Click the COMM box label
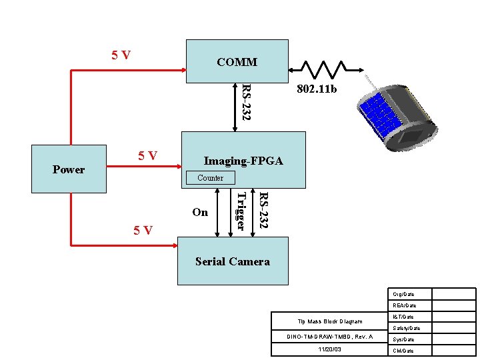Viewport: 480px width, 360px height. (x=237, y=63)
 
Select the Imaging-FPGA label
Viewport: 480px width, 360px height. (x=243, y=161)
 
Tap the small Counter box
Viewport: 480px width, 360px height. (x=210, y=178)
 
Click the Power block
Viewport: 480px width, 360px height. (x=69, y=169)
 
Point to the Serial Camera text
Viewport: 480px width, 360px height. (x=232, y=261)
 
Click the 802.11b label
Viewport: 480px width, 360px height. (x=317, y=88)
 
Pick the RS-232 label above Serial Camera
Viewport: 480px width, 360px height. (x=263, y=211)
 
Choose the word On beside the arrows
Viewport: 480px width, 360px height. (x=200, y=213)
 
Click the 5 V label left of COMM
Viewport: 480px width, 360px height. (x=121, y=55)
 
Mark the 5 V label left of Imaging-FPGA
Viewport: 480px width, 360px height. (x=147, y=156)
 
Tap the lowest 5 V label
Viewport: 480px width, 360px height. (x=143, y=230)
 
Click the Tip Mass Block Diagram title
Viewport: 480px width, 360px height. (x=330, y=322)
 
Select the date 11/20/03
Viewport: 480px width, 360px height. (x=330, y=349)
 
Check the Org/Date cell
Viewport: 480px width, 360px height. (x=403, y=294)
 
